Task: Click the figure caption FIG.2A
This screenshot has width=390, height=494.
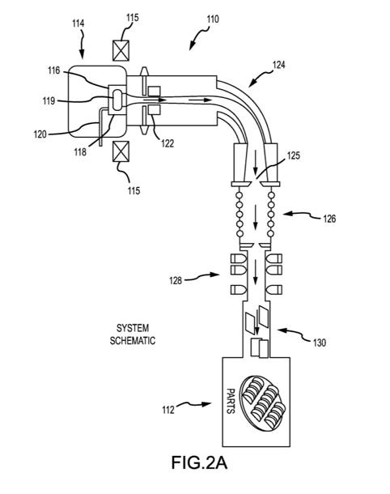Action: [199, 462]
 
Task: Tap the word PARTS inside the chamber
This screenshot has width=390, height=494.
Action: [231, 402]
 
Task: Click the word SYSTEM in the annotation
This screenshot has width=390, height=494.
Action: [133, 328]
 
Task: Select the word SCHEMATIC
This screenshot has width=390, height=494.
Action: [133, 341]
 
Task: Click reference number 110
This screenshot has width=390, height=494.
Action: [213, 19]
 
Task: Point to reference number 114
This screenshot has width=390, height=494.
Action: [78, 23]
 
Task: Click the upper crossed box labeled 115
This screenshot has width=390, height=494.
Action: [121, 50]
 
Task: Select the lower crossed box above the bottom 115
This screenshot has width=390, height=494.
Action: [121, 151]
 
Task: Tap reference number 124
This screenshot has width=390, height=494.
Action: [278, 65]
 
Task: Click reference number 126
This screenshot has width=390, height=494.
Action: [329, 219]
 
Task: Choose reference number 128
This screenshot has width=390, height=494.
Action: [176, 280]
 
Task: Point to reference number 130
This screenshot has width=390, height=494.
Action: [319, 343]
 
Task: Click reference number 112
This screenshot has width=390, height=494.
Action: [168, 410]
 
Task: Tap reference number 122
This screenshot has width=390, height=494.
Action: [167, 143]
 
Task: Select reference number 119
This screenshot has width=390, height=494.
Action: [49, 100]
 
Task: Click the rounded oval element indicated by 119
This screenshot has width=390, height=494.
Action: [117, 100]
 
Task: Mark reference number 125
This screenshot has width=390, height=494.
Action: [294, 155]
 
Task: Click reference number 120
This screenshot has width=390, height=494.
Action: [40, 134]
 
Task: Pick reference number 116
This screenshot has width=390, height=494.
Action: [54, 70]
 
